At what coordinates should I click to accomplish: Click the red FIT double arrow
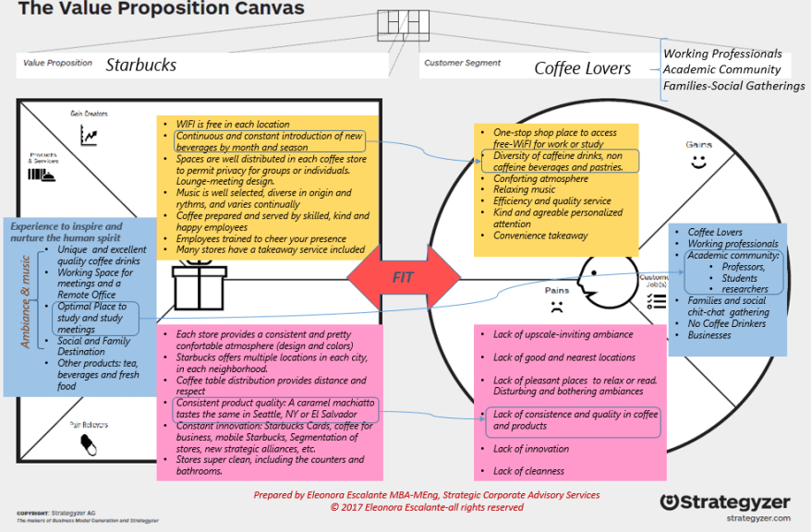point(403,275)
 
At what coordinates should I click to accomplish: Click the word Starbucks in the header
point(140,65)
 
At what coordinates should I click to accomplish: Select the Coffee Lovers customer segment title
point(582,67)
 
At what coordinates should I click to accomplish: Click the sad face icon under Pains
point(555,305)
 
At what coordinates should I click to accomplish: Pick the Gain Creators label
point(89,114)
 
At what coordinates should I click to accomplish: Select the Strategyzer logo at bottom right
point(725,502)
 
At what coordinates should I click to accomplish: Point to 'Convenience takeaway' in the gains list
point(540,236)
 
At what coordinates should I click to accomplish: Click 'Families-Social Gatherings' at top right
point(733,86)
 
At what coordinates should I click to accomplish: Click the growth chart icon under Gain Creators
point(90,136)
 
